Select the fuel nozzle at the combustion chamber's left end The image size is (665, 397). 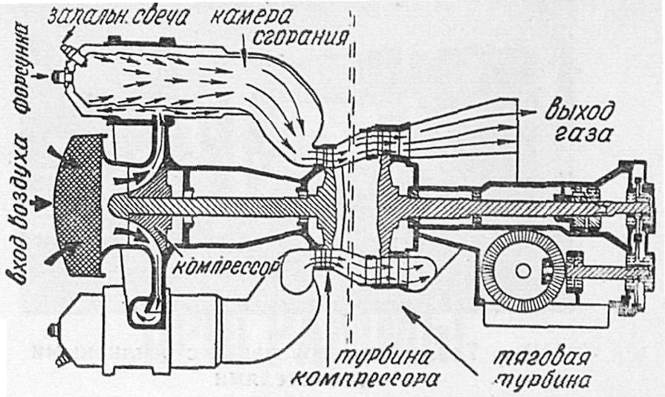tap(61, 76)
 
